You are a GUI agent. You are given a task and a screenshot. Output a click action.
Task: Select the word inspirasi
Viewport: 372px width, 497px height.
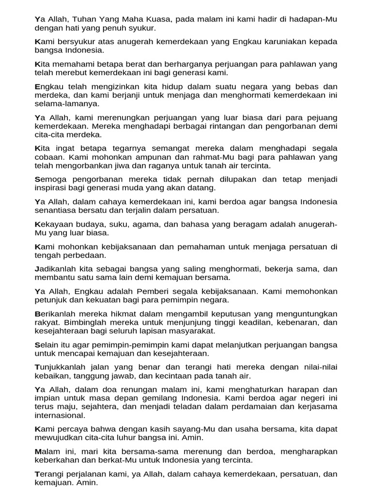(x=52, y=187)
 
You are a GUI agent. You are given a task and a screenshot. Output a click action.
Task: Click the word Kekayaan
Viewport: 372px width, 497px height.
(x=55, y=224)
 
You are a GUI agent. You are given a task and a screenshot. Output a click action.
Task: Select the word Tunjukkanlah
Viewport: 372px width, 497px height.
(x=61, y=367)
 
